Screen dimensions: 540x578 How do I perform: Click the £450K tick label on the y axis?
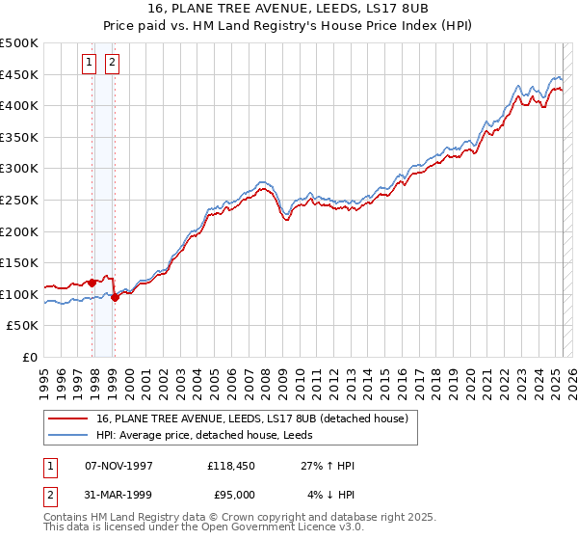click(x=19, y=74)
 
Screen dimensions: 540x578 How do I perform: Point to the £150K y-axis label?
click(x=19, y=262)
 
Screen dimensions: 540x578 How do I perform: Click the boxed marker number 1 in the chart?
click(x=89, y=64)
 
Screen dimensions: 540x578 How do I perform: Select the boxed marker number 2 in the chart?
click(x=112, y=64)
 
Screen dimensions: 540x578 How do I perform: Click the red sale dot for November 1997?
click(x=92, y=283)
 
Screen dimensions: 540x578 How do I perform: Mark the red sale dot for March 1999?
click(x=115, y=297)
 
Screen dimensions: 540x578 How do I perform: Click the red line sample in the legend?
click(x=67, y=418)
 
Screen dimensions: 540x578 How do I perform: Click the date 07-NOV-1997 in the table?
click(x=119, y=466)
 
